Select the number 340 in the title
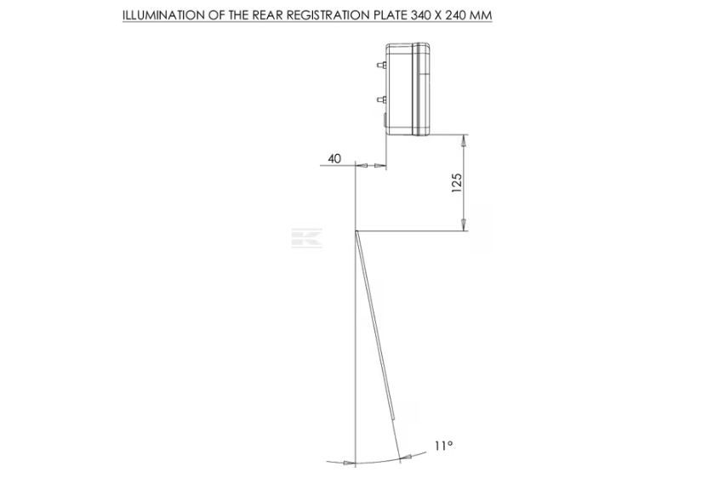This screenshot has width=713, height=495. tap(420, 15)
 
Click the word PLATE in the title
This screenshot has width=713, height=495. tap(391, 15)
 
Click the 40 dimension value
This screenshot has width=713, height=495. tap(334, 159)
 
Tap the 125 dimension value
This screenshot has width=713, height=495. tap(457, 182)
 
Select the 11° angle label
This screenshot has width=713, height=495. tap(443, 446)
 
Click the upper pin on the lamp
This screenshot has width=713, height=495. tap(382, 65)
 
